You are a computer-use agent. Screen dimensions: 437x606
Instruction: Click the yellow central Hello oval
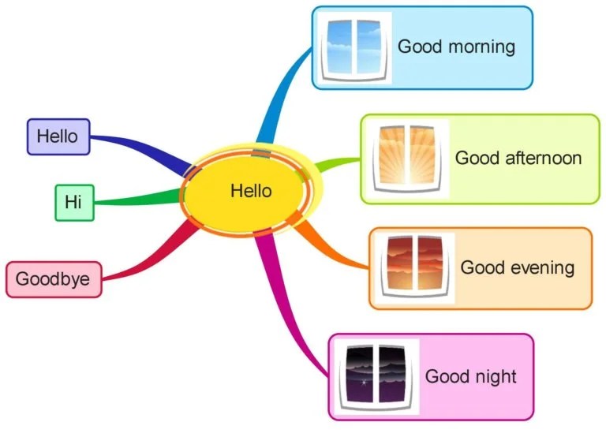click(x=251, y=191)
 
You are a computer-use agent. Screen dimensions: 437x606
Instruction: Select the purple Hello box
click(x=58, y=136)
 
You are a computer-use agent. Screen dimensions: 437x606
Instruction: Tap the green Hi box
click(x=74, y=202)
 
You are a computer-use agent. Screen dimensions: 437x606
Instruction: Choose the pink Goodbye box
click(x=54, y=279)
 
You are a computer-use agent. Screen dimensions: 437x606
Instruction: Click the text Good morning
click(x=456, y=46)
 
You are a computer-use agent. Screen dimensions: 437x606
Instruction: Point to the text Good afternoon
click(x=518, y=158)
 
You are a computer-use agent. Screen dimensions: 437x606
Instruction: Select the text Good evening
click(x=517, y=267)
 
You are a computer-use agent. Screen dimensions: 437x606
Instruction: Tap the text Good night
click(x=470, y=376)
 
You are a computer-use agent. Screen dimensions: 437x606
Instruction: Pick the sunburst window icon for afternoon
click(x=404, y=159)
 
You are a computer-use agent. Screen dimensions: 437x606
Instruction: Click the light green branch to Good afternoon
click(x=335, y=163)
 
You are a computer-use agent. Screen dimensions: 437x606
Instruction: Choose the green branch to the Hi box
click(x=134, y=200)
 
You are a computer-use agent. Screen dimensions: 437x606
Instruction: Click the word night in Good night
click(x=494, y=376)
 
